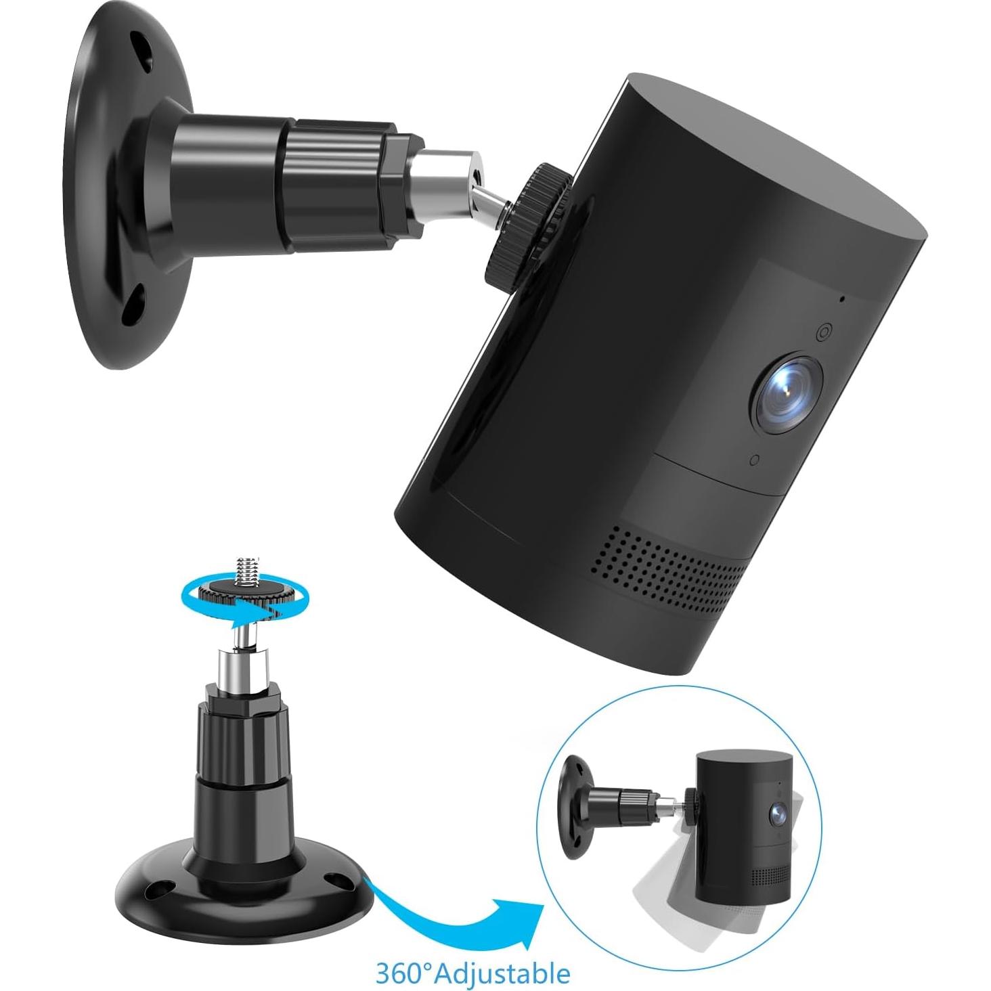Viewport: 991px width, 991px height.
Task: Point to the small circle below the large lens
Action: coord(755,460)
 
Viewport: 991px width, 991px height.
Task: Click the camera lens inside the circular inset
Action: coord(776,816)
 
